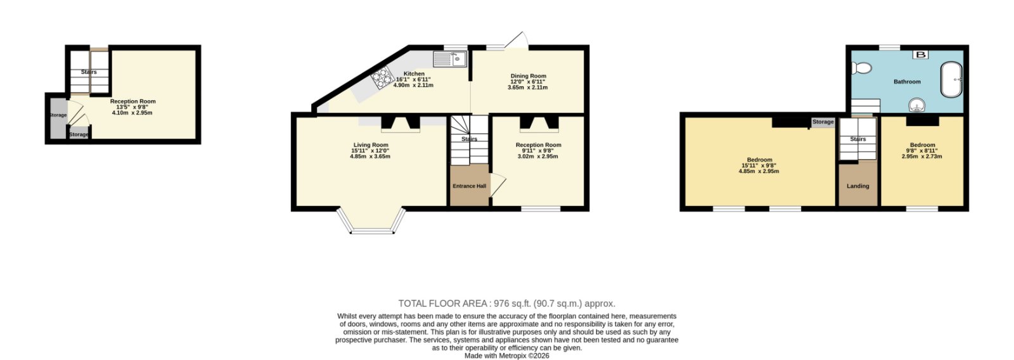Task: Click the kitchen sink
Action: coord(450,59)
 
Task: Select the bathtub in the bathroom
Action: coord(951,80)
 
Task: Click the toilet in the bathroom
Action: coord(861,68)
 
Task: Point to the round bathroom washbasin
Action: coord(917,105)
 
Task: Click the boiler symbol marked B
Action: coord(920,55)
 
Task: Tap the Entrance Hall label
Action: coord(470,186)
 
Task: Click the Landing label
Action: coord(858,186)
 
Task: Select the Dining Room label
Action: coord(529,76)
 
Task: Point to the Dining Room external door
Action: coord(517,41)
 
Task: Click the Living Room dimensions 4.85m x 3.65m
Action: coord(370,157)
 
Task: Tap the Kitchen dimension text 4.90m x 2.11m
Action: coord(413,85)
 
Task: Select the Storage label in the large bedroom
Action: coord(823,122)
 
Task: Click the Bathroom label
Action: coord(907,82)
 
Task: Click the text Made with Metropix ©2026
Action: coord(506,356)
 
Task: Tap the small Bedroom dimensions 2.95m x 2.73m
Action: coord(921,157)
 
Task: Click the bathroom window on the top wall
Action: coord(890,47)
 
